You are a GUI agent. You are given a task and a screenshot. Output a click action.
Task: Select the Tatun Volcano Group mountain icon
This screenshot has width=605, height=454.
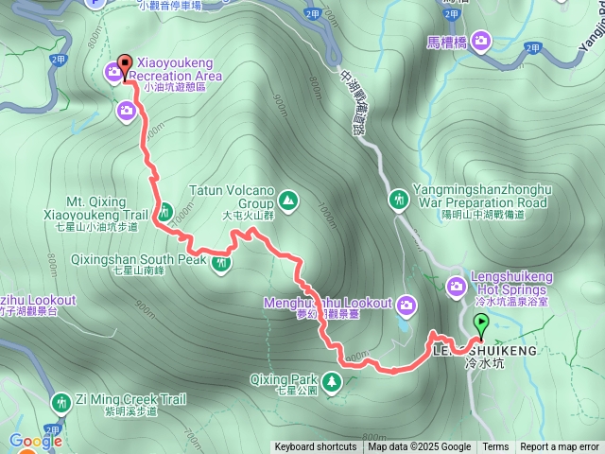pos(287,200)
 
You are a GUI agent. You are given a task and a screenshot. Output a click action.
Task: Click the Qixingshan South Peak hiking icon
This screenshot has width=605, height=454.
pos(221,262)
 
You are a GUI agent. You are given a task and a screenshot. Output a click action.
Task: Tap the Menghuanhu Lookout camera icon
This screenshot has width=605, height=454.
pos(406,304)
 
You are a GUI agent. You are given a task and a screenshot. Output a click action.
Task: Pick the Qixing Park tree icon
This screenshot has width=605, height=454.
pos(332,381)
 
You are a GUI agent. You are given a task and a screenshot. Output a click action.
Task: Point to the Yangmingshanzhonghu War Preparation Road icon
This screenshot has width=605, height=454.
pos(400,200)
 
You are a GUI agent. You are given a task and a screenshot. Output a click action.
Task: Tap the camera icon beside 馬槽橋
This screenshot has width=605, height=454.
pos(481,40)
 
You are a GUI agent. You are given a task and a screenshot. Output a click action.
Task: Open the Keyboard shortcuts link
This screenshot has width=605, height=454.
pos(316,447)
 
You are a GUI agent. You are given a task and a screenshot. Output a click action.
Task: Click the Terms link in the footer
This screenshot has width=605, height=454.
pos(495,447)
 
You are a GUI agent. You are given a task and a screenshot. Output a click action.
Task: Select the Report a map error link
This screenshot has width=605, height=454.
pos(560,447)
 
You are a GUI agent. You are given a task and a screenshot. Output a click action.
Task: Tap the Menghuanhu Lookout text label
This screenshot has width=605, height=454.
pos(341,303)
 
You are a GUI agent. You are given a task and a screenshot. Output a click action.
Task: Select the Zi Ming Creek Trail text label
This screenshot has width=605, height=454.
pos(116,400)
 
